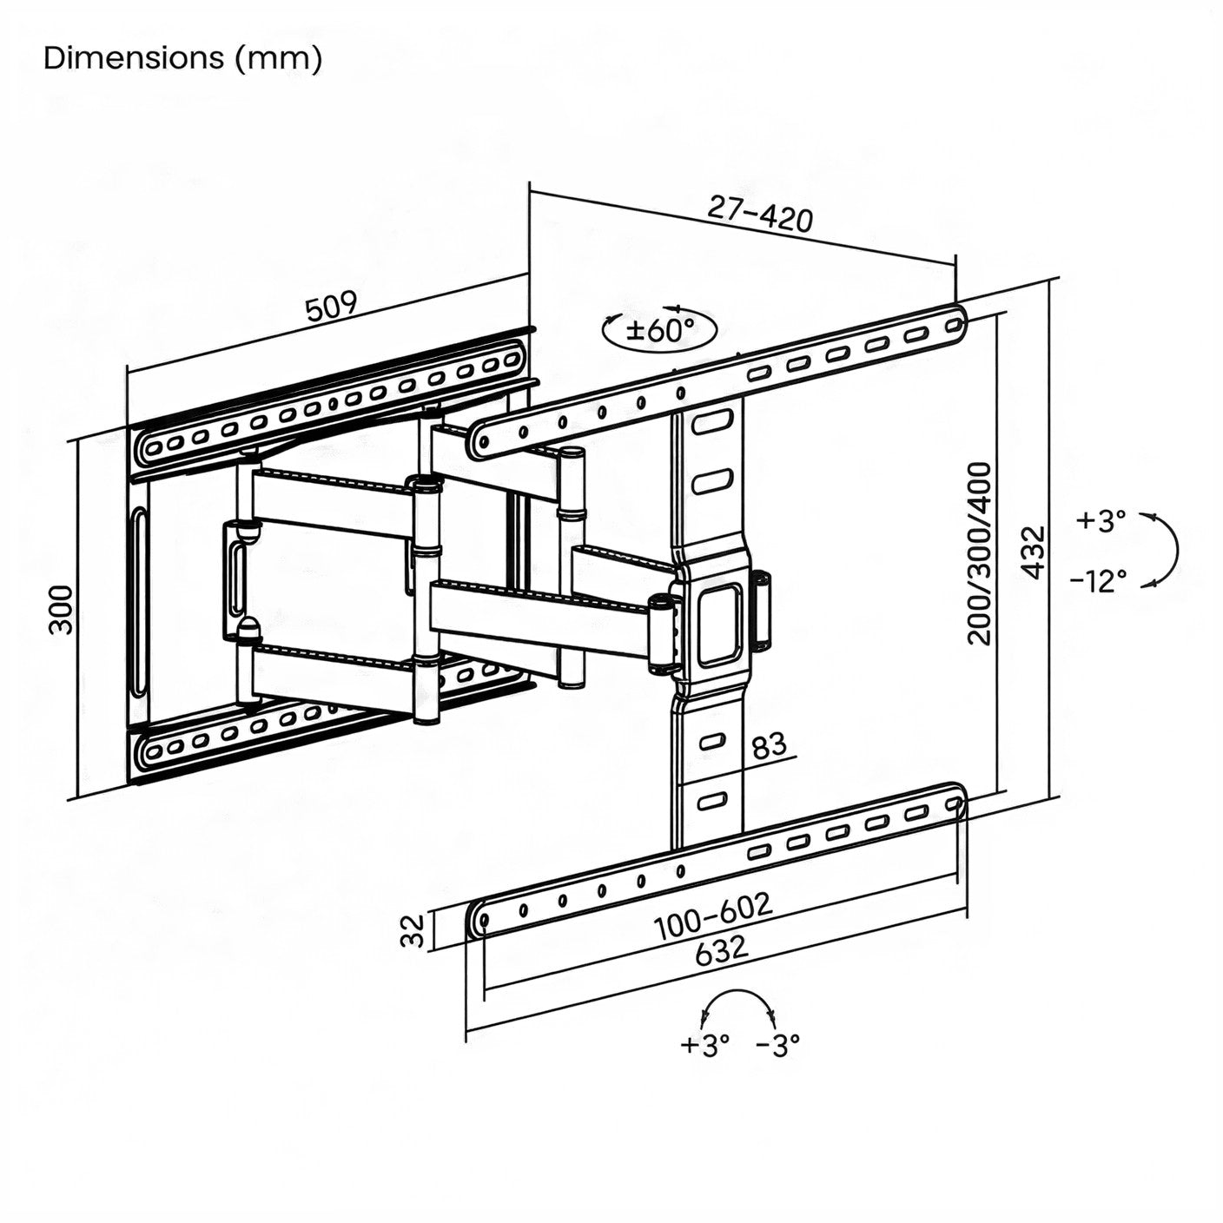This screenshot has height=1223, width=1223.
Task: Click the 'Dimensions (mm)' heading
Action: click(x=182, y=58)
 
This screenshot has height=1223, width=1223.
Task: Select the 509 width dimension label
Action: click(x=331, y=307)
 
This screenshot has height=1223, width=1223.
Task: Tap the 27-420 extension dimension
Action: click(x=761, y=214)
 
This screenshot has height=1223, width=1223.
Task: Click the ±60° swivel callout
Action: click(x=660, y=329)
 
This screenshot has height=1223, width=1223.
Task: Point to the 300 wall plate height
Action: click(x=61, y=609)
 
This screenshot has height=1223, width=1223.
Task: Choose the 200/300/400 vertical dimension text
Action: click(x=979, y=553)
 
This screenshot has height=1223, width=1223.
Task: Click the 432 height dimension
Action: click(x=1033, y=552)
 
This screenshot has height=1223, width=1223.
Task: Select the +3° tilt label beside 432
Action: click(x=1101, y=520)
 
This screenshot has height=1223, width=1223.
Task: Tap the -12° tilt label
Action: click(x=1098, y=579)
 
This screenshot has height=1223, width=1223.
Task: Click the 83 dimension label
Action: click(x=768, y=745)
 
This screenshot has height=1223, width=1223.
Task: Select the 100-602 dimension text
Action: click(x=713, y=916)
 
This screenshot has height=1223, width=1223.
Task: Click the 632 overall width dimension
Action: click(x=721, y=949)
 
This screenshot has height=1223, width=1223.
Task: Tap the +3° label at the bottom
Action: click(x=704, y=1045)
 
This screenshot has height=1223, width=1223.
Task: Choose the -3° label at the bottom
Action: click(x=777, y=1045)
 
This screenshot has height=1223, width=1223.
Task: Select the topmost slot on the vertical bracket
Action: click(x=712, y=424)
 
